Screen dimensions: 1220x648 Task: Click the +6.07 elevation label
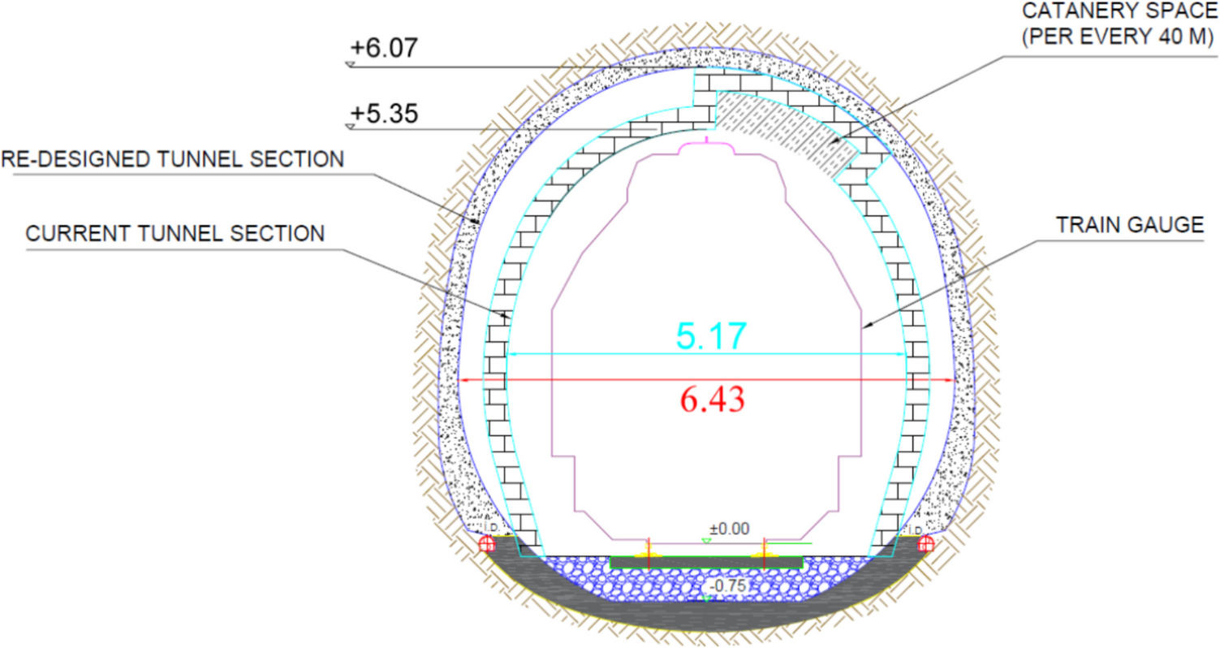click(384, 48)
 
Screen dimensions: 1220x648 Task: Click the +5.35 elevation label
click(384, 114)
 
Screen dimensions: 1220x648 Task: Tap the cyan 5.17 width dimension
click(711, 335)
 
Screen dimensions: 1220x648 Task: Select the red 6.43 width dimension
click(712, 400)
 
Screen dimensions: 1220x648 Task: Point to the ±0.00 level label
click(729, 529)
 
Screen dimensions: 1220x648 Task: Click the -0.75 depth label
click(728, 585)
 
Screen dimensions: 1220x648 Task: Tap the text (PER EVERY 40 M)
click(1119, 37)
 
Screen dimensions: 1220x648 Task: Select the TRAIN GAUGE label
click(1130, 225)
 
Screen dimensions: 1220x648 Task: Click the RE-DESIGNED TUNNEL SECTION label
click(173, 159)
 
